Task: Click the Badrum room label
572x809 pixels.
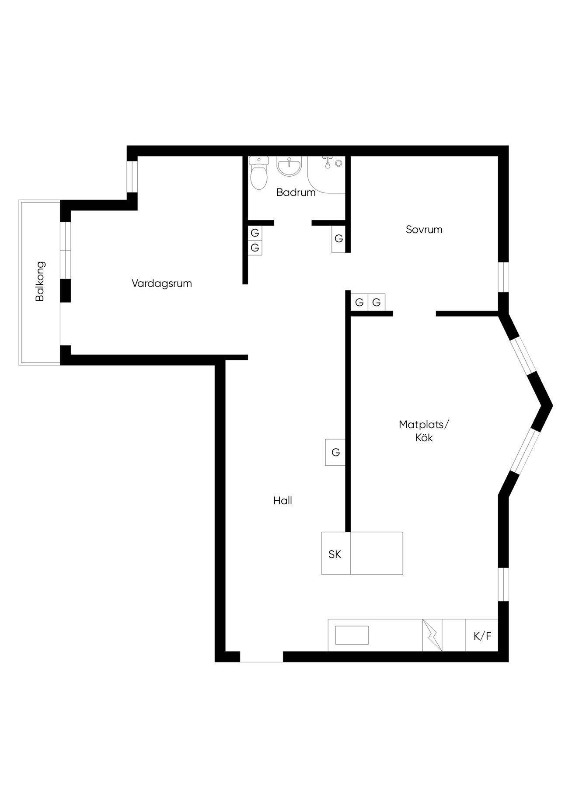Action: [x=296, y=192]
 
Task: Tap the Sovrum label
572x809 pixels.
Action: [x=424, y=230]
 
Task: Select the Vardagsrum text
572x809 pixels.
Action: [x=162, y=283]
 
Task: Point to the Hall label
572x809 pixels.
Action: [x=283, y=501]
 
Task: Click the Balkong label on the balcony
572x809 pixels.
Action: [x=40, y=281]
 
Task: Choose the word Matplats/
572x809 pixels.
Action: [x=424, y=425]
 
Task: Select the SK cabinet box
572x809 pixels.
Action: [x=336, y=553]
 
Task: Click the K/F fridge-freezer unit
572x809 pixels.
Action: [x=482, y=635]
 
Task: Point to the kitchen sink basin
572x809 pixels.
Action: [x=352, y=635]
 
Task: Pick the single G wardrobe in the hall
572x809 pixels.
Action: [x=335, y=452]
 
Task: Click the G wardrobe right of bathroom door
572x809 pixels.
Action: [x=338, y=239]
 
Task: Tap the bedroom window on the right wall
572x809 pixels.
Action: [x=503, y=277]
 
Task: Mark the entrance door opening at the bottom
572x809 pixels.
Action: [x=262, y=656]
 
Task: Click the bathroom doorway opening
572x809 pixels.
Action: [x=293, y=223]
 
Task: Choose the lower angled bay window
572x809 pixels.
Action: [x=523, y=451]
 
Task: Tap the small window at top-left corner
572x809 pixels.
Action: [x=132, y=176]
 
